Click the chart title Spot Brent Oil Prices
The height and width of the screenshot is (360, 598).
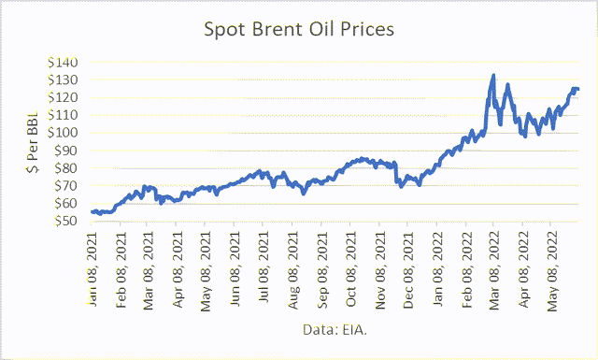(x=299, y=29)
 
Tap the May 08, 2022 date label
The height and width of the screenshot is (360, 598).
(x=552, y=266)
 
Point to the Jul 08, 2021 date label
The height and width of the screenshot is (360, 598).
(x=264, y=266)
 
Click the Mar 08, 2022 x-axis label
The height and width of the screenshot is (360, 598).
(x=494, y=266)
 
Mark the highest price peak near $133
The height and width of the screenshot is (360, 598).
(x=493, y=76)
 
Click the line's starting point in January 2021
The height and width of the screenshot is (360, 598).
(x=92, y=212)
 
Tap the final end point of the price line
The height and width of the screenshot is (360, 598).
(x=578, y=90)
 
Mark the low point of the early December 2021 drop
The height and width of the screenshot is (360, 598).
(x=401, y=187)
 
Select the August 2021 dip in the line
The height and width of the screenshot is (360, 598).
(x=303, y=193)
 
